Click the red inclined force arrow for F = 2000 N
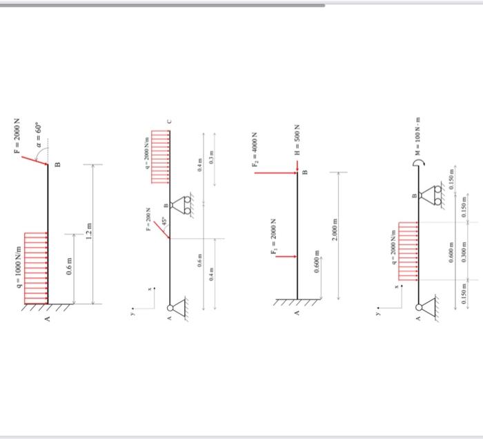pos(34,159)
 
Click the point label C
pos(170,124)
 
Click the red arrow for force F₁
pos(286,256)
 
